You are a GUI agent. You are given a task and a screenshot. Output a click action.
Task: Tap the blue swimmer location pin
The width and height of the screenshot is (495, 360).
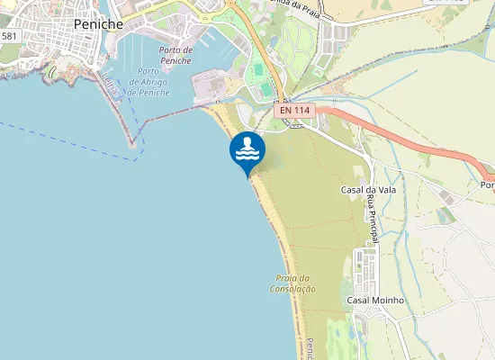point(247,152)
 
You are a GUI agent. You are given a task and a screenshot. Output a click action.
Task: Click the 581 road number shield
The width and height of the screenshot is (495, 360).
point(9,36)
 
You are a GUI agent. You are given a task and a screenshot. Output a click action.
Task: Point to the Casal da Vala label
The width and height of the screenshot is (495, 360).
point(364,190)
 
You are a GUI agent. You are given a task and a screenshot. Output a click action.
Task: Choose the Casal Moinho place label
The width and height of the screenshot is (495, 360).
point(374,300)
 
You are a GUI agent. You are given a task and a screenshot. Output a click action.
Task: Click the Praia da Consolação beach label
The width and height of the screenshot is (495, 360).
point(292,283)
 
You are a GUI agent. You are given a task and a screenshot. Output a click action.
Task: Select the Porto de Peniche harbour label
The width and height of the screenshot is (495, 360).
point(175,55)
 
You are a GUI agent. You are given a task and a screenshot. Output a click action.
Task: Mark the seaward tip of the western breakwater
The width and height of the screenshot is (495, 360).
point(132,143)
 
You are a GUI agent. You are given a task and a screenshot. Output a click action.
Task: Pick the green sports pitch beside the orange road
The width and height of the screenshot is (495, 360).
point(260,69)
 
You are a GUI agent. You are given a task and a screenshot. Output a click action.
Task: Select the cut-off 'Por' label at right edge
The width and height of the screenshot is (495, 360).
point(487,185)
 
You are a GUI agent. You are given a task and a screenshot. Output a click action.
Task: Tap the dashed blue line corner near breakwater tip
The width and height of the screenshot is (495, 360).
point(140,159)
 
